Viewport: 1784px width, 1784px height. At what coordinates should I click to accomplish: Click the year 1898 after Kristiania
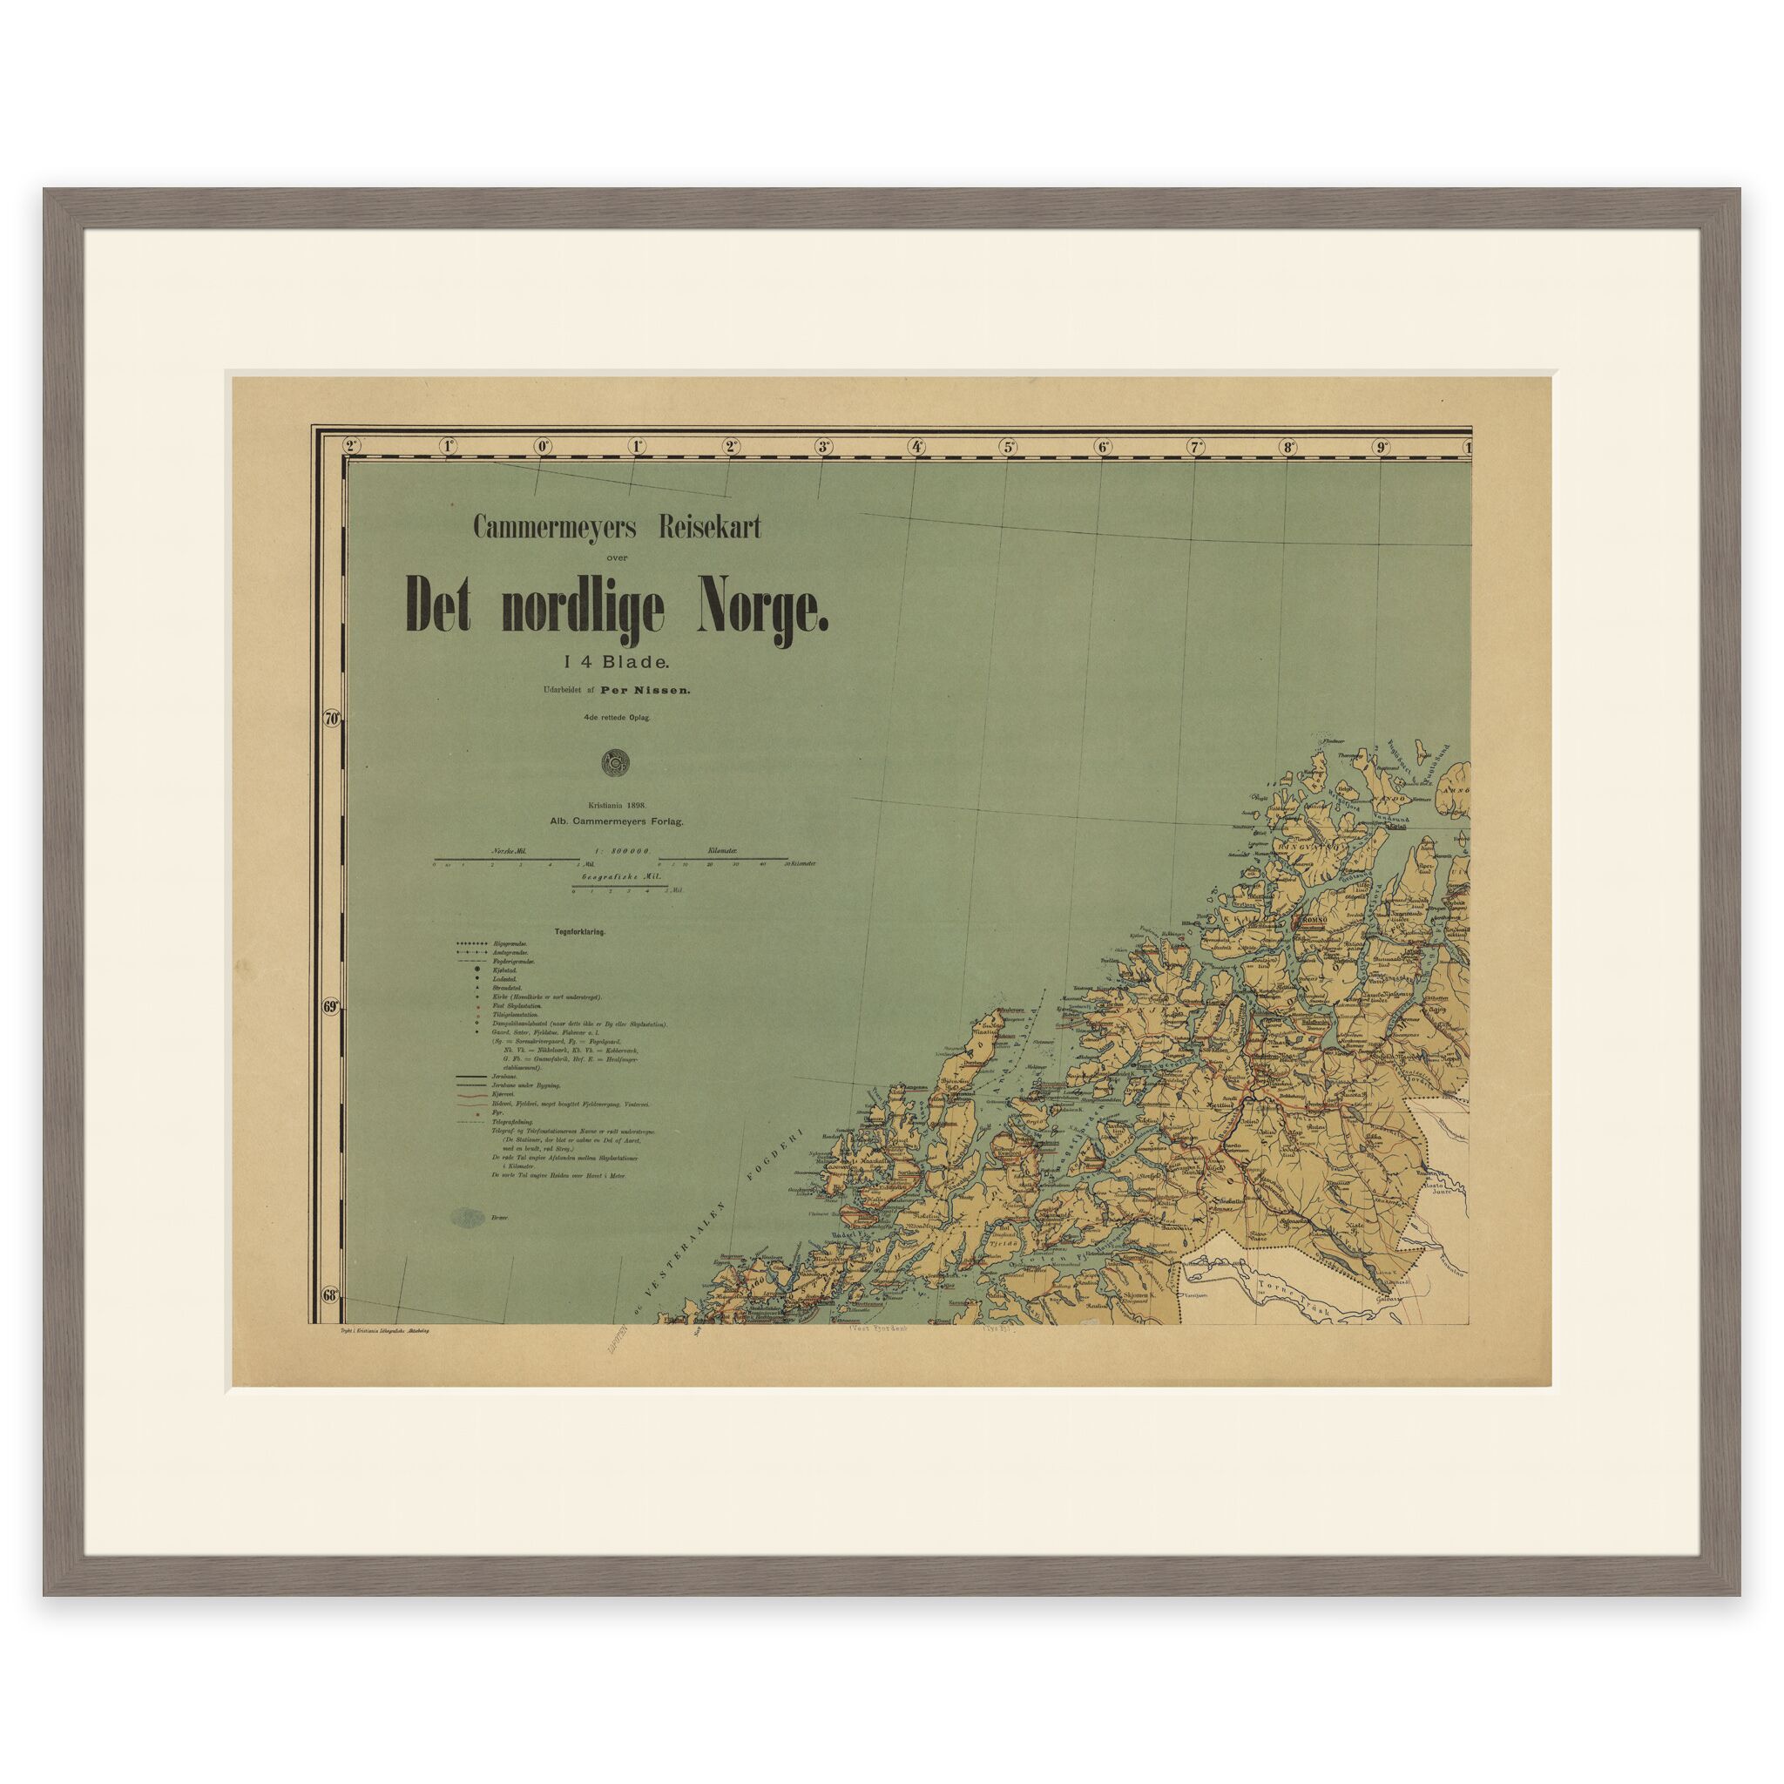[639, 805]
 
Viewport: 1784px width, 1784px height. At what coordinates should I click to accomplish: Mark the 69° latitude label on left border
[333, 1008]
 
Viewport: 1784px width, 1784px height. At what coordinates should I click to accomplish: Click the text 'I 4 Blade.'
[612, 660]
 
